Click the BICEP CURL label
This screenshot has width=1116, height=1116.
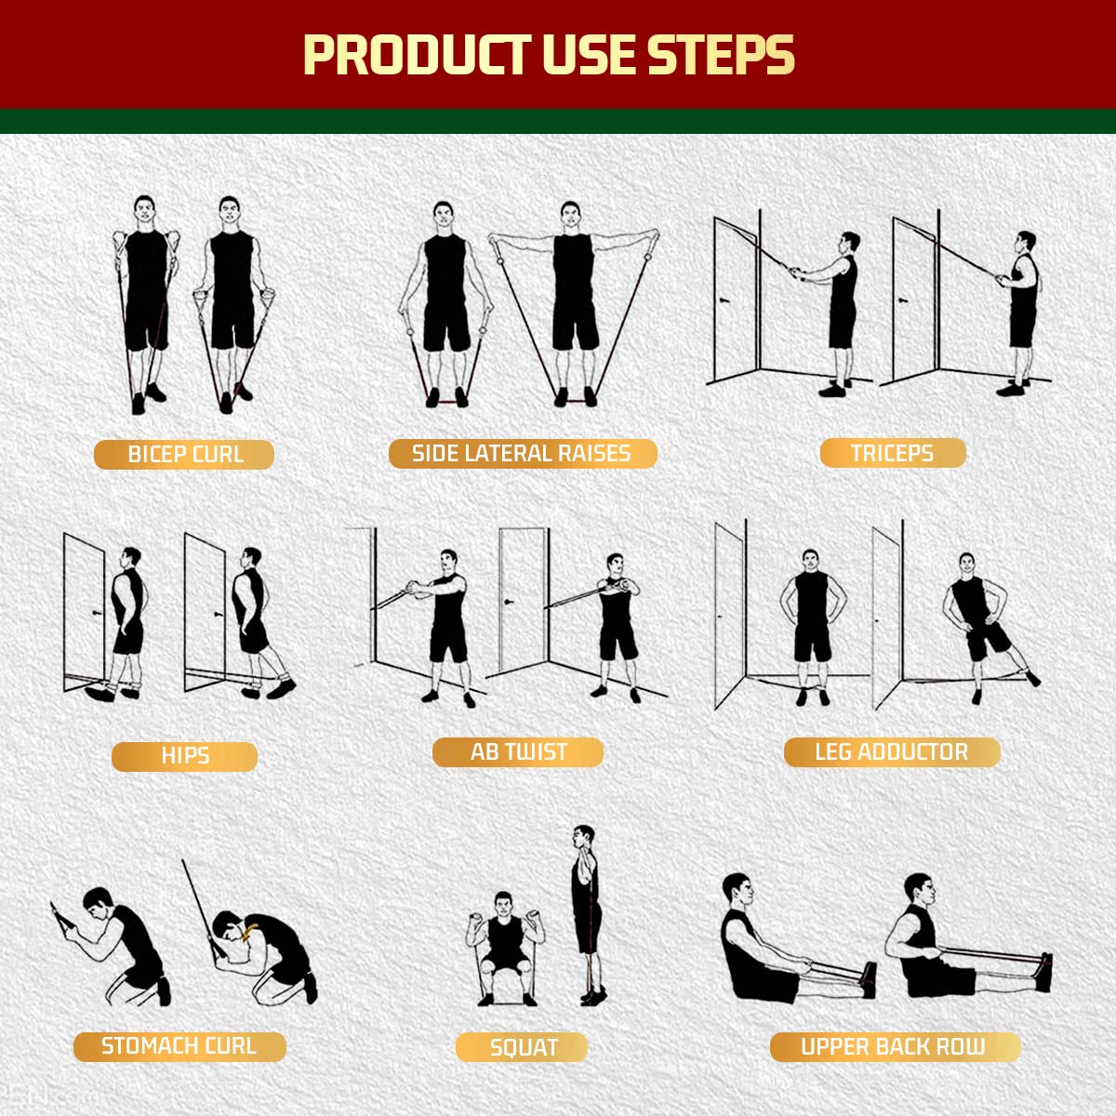[184, 455]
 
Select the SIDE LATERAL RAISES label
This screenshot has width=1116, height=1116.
[522, 454]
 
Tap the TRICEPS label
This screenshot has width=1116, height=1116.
[892, 454]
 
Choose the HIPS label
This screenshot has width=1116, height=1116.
[184, 756]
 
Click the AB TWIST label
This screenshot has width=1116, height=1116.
[518, 752]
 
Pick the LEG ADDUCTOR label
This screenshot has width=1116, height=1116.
[891, 752]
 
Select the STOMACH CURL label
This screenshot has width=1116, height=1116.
[179, 1046]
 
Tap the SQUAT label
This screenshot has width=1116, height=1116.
[523, 1048]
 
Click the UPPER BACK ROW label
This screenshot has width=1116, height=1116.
[894, 1046]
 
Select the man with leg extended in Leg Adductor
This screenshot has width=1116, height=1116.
[976, 623]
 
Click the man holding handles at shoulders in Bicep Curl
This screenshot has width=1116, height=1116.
[145, 298]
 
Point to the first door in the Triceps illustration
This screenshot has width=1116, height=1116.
[737, 298]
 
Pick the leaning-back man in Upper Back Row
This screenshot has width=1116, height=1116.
[758, 944]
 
